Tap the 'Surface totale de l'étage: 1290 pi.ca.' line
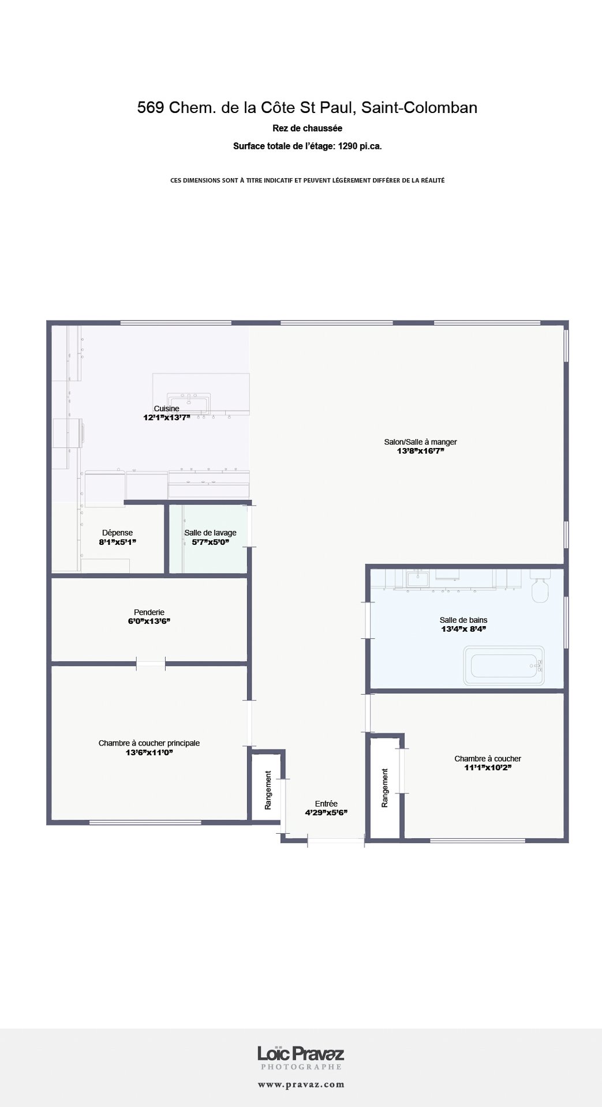(307, 146)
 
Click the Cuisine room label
(166, 409)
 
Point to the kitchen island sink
(189, 401)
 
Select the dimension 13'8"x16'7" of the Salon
(420, 451)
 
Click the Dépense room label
(117, 533)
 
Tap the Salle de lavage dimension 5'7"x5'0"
(211, 542)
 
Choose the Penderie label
(149, 612)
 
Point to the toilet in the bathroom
(541, 586)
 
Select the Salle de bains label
(463, 620)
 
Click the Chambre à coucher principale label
(149, 743)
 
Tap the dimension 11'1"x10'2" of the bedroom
(488, 768)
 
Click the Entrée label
(326, 804)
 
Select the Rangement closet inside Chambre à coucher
(385, 788)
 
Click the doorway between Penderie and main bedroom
(151, 664)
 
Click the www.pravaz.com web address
(301, 1085)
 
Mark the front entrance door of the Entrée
(336, 841)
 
